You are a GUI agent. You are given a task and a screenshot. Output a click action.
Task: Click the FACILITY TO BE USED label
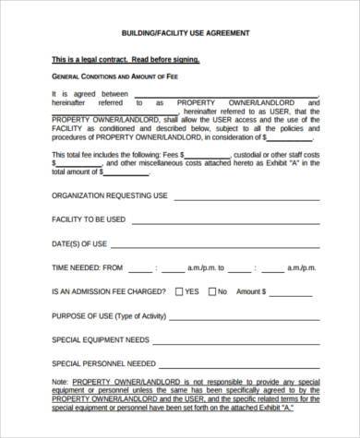89,219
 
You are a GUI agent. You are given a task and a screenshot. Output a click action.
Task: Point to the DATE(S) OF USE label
80,243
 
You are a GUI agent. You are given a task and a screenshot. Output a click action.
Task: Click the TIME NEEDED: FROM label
88,267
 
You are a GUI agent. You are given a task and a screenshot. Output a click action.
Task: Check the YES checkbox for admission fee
177,290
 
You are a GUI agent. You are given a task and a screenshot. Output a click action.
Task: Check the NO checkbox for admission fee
213,290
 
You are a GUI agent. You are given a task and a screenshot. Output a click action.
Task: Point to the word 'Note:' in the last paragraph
61,381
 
